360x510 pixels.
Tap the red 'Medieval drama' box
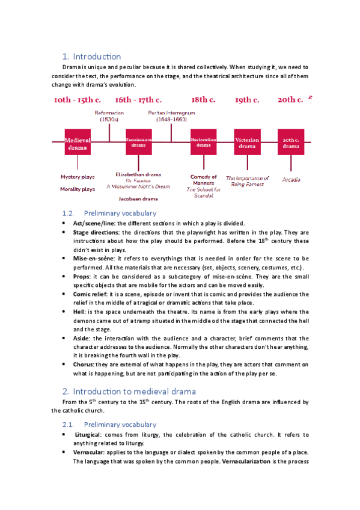[78, 142]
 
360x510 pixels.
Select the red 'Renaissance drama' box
[139, 142]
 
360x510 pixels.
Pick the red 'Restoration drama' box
[203, 142]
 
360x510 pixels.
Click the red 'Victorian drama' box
[247, 142]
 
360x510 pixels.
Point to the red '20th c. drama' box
[291, 142]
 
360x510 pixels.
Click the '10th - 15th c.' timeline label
[77, 100]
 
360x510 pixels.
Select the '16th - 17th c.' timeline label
[138, 100]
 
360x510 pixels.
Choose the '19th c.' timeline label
[247, 100]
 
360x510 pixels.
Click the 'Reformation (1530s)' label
[109, 116]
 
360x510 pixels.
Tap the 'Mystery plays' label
[78, 177]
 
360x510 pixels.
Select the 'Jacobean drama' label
[138, 198]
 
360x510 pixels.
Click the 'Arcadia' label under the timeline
[291, 179]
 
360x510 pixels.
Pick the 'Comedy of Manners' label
[204, 180]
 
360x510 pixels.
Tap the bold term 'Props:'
[82, 276]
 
